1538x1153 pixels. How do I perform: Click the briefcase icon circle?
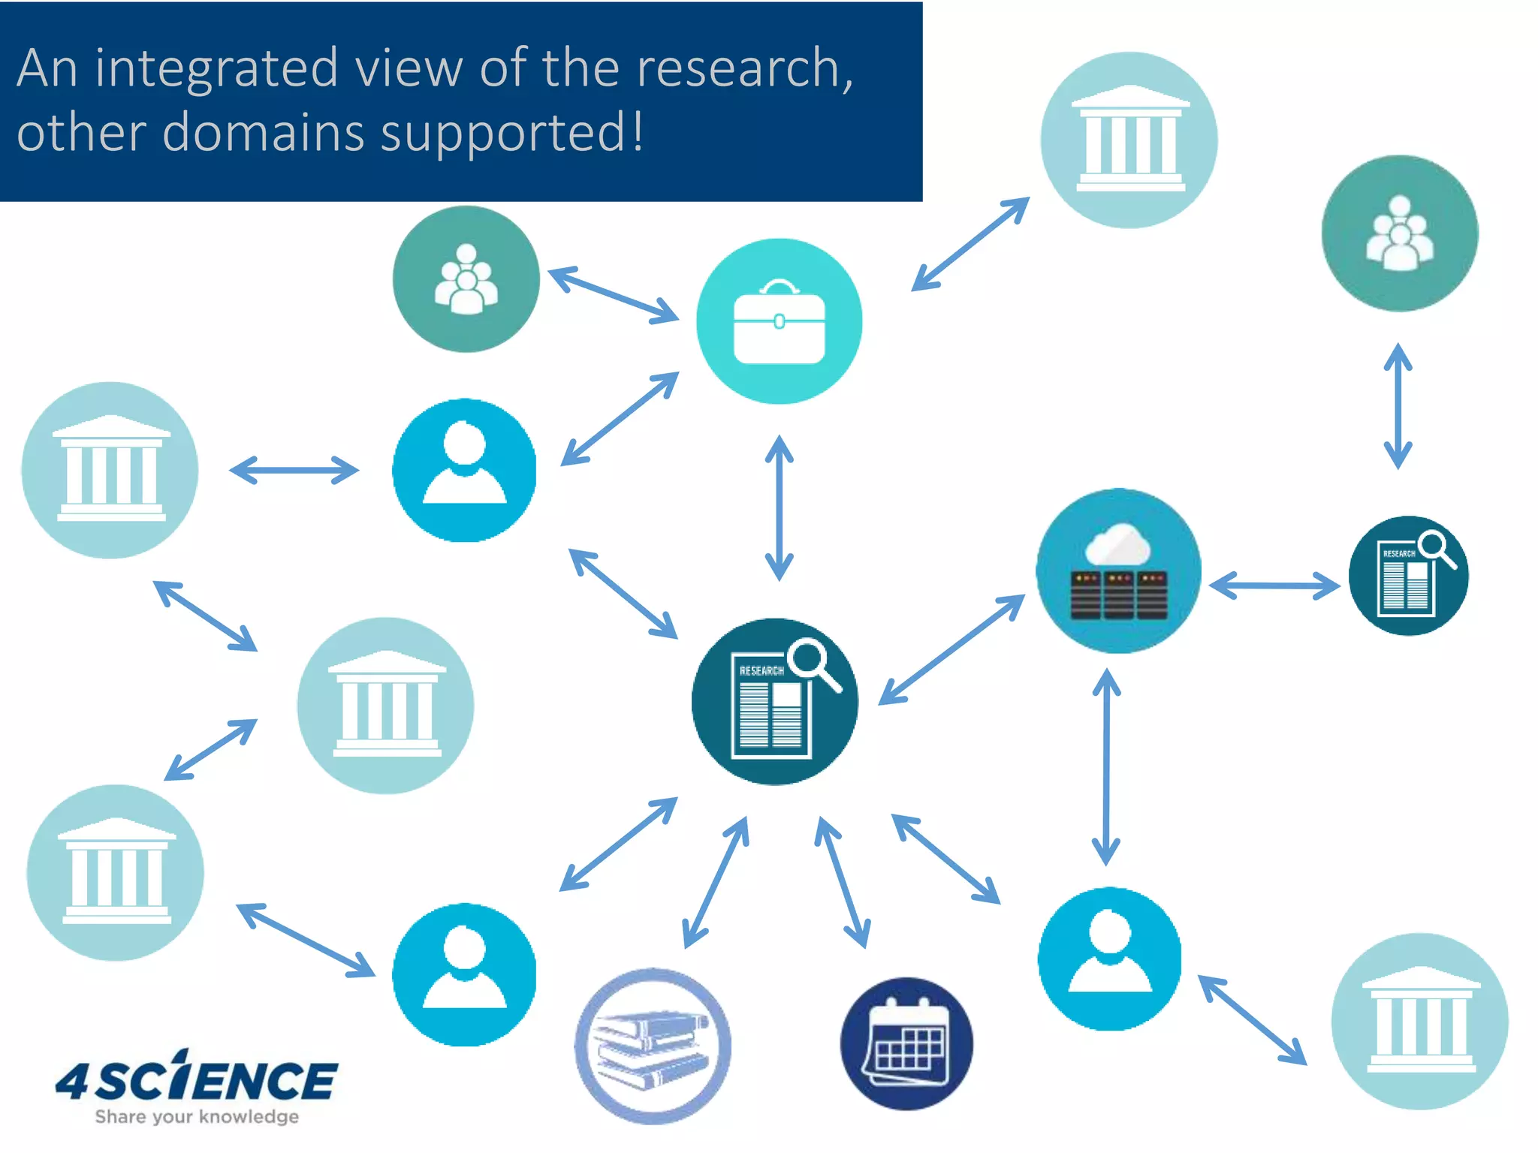click(x=779, y=321)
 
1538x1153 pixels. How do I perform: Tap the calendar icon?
click(x=906, y=1043)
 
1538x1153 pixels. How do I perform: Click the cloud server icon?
click(x=1118, y=571)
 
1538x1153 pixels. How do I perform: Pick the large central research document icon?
click(x=774, y=702)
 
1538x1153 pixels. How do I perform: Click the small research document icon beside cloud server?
click(x=1408, y=576)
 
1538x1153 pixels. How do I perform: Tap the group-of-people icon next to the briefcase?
click(x=466, y=279)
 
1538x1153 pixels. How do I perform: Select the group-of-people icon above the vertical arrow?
click(x=1399, y=233)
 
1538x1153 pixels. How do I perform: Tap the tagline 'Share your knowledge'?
click(x=197, y=1117)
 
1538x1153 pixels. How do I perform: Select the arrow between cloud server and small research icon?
click(x=1274, y=586)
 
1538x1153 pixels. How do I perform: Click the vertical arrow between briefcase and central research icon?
click(x=779, y=508)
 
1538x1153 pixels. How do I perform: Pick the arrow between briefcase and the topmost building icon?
click(x=970, y=244)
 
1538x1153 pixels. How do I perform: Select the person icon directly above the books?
click(x=464, y=974)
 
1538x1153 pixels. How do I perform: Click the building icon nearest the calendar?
click(x=1419, y=1021)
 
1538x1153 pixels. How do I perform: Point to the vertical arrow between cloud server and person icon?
click(x=1106, y=766)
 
